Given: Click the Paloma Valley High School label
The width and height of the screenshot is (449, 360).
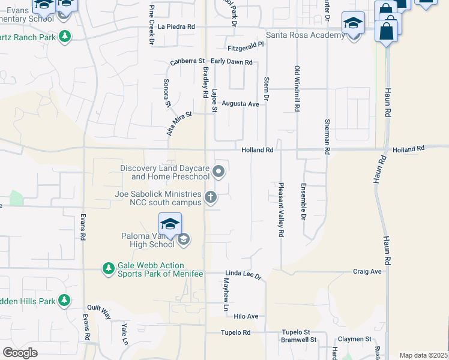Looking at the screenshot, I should pos(148,240).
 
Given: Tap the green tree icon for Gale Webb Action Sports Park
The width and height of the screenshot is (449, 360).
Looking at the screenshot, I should pos(108,269).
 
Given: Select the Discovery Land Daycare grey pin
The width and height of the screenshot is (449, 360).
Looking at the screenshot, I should pos(219,173).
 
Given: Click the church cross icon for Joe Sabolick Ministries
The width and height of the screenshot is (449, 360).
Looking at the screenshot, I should pos(211,197).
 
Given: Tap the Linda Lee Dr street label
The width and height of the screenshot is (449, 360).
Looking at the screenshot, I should pos(244,274).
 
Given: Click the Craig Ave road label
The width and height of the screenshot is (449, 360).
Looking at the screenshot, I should pos(367,272).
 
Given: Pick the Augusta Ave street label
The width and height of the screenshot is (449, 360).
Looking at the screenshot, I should pos(240,104).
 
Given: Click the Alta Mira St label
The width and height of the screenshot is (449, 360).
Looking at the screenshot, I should pos(178,122).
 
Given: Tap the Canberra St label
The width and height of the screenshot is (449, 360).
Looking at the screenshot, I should pos(188,61).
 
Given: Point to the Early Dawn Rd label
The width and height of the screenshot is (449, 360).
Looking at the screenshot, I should pos(231,61).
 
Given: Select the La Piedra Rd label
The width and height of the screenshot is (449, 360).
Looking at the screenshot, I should pos(177,26).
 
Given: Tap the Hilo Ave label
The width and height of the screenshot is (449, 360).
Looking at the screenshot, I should pos(246,316).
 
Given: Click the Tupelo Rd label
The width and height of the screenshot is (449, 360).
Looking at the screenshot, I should pos(235,332).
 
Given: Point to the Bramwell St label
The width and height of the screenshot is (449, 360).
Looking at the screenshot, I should pos(299,340).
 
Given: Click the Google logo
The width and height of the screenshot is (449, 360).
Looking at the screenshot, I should pos(20,353).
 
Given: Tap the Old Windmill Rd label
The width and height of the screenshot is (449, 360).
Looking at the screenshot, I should pos(297,88).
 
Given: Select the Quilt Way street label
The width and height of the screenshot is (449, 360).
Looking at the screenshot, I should pos(99,313).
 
